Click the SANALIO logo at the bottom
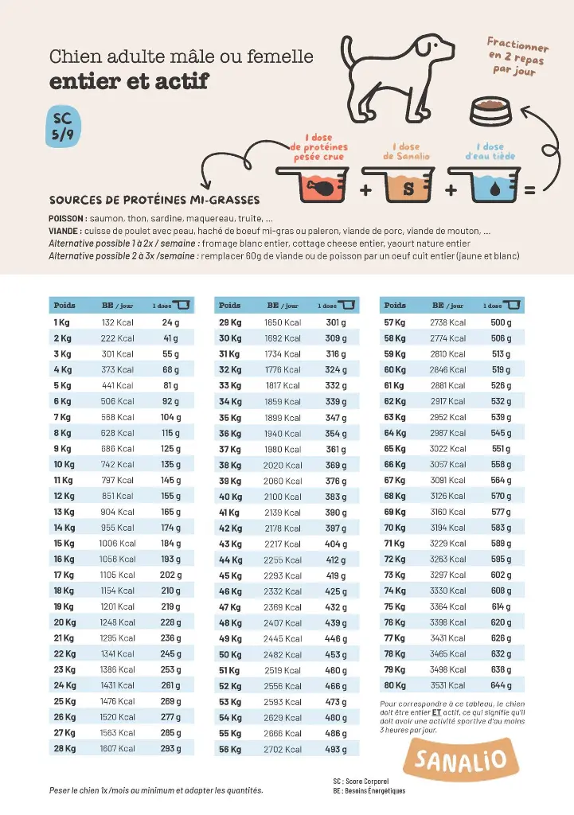tap(455, 759)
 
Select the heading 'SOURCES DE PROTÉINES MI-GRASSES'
tap(154, 200)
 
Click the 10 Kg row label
tap(64, 465)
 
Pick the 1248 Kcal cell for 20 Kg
tap(117, 622)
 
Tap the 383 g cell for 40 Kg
tap(335, 497)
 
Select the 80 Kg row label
tap(395, 685)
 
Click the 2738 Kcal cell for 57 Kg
tap(448, 322)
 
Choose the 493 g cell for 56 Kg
tap(336, 749)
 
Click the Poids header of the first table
tap(64, 306)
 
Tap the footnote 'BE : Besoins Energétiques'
tap(369, 790)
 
